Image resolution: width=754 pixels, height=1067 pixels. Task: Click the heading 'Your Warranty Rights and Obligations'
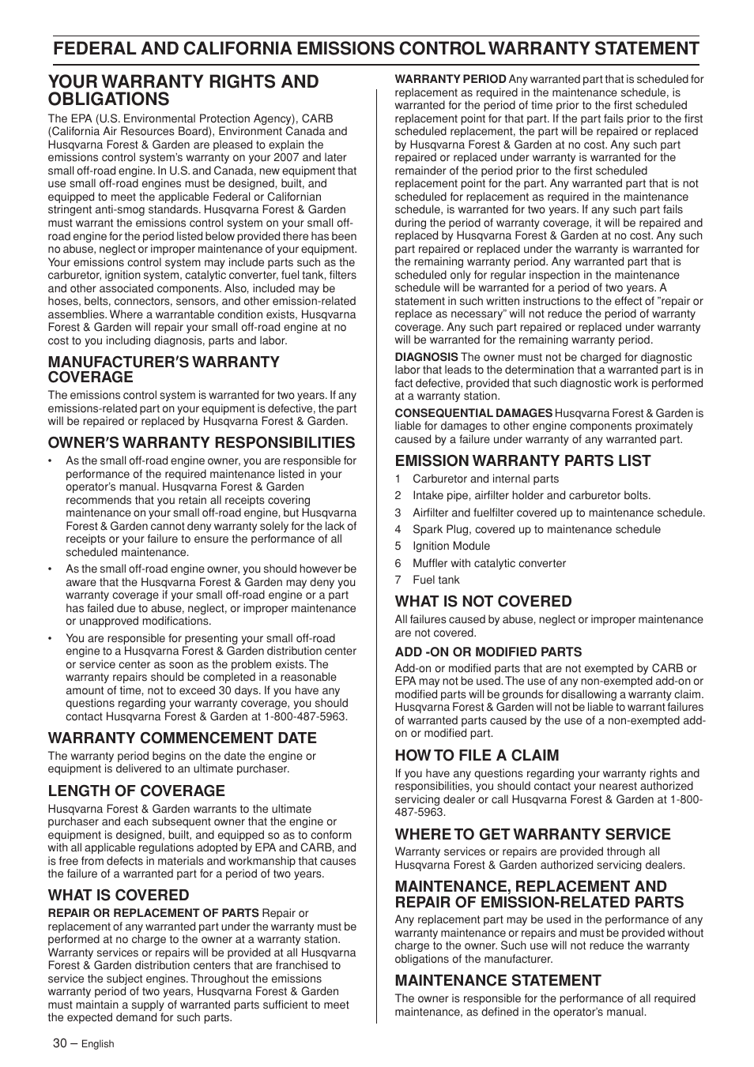[183, 90]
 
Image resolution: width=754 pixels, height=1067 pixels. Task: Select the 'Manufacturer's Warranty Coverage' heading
[164, 369]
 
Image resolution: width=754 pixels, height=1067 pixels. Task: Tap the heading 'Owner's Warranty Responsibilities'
[202, 442]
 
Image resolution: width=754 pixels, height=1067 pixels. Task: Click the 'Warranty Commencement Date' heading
[182, 738]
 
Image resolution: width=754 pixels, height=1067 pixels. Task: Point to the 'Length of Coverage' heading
[136, 791]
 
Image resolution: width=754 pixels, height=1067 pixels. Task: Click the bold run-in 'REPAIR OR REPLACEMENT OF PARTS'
[153, 913]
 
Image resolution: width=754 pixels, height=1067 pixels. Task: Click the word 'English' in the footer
[98, 1043]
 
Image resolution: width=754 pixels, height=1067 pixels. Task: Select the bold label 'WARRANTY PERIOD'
[451, 79]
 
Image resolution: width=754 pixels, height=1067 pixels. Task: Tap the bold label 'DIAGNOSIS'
[426, 357]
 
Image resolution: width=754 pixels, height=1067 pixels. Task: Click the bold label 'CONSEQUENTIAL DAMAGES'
[473, 413]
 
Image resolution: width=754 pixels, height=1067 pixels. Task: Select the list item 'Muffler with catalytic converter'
[488, 563]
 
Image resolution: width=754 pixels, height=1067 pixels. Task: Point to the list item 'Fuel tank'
[435, 580]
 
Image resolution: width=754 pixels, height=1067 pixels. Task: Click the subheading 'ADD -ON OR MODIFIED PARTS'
[488, 652]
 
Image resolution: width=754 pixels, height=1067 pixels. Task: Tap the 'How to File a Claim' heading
[477, 755]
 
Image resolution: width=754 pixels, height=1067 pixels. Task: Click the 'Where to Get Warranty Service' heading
[533, 834]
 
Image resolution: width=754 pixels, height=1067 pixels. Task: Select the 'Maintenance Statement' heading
[498, 980]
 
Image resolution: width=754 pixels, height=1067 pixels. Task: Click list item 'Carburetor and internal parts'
[485, 479]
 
